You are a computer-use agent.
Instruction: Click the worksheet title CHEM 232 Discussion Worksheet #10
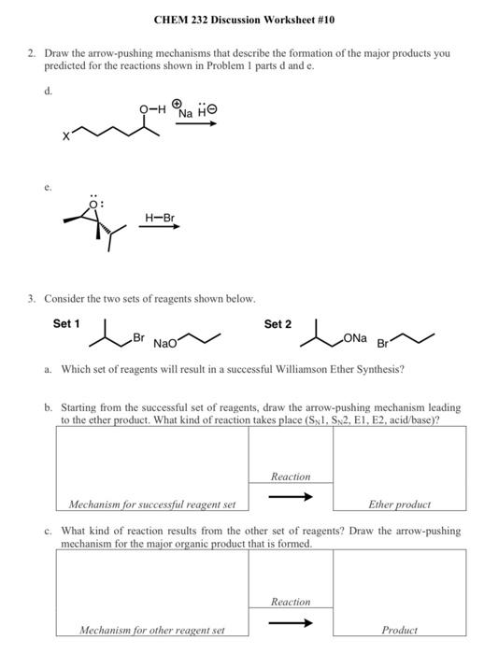pos(241,20)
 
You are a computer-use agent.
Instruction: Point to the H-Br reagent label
pos(161,219)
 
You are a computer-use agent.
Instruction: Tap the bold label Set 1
pos(66,324)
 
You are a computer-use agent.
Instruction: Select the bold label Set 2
pos(278,324)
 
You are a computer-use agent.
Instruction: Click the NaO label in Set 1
pos(166,343)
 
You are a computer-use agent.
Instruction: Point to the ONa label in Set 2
pos(355,336)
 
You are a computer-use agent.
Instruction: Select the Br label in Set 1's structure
pos(138,336)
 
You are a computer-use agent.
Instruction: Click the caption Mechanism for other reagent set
pos(151,631)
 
